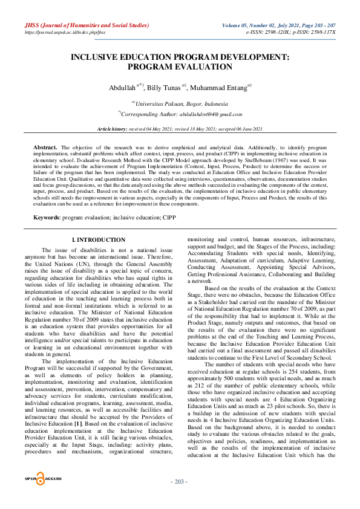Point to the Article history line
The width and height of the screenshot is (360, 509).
pos(180,129)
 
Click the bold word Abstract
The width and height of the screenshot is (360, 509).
pos(45,148)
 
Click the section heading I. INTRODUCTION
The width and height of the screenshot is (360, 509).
pos(99,241)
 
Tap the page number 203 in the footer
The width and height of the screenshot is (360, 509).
pos(180,498)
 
